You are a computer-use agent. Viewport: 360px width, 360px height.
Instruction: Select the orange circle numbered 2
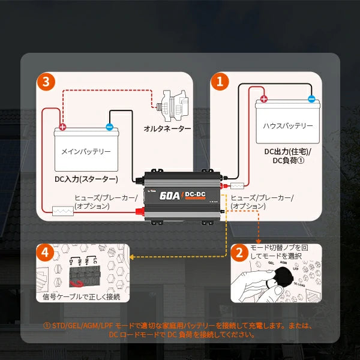[240, 253]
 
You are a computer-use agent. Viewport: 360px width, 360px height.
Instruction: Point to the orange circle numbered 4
[44, 253]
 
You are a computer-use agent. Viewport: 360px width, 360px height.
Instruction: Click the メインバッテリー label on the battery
[86, 152]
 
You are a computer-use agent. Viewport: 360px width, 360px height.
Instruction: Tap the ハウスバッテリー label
[288, 125]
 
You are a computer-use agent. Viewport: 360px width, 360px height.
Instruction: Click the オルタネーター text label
[167, 128]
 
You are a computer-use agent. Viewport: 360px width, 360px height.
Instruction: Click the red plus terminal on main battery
[62, 127]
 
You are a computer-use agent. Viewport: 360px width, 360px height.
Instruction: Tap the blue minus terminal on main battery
[109, 127]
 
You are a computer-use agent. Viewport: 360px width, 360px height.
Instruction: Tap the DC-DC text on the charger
[196, 193]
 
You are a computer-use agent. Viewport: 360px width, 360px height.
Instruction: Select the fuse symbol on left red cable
[62, 211]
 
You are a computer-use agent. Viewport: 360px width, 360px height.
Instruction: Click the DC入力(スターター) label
[86, 179]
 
